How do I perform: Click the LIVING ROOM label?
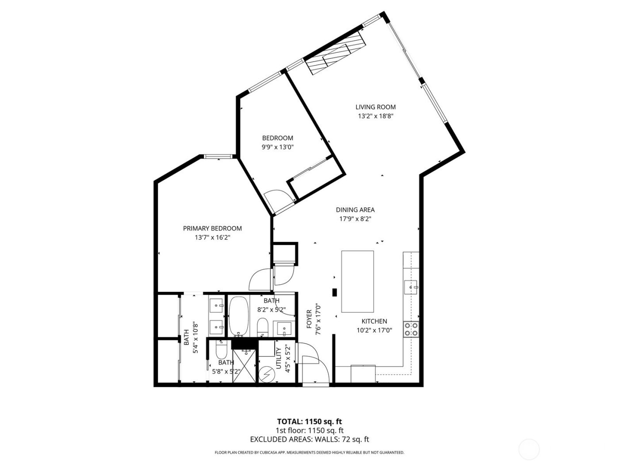point(375,107)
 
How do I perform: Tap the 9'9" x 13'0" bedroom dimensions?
point(277,147)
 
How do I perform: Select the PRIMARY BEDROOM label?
point(212,229)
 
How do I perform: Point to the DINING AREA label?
point(355,210)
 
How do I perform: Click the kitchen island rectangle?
point(357,282)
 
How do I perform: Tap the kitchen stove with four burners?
point(411,329)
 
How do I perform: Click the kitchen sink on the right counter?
point(411,287)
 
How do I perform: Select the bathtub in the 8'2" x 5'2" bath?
point(239,316)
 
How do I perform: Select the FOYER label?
point(309,319)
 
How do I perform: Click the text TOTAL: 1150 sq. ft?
point(309,421)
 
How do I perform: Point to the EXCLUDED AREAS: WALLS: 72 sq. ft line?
point(309,439)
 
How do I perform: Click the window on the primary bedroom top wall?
point(218,156)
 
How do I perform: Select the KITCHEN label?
point(374,321)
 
